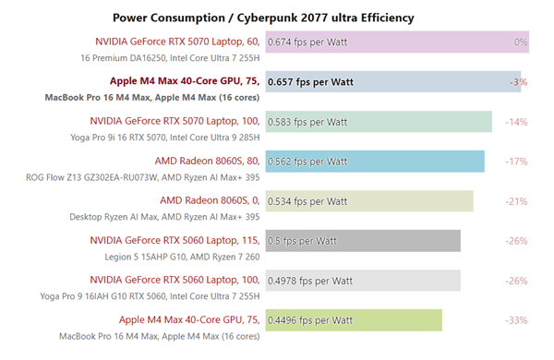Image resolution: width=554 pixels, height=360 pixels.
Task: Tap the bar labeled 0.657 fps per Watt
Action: [392, 82]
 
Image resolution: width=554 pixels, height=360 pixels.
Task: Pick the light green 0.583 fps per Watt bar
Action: [379, 122]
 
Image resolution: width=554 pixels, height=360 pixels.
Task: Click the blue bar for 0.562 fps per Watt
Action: [375, 162]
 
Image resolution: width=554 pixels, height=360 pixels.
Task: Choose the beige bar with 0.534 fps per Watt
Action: [369, 201]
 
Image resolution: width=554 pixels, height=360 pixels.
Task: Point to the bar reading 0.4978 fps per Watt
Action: [363, 281]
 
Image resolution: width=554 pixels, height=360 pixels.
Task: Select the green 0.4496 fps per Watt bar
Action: [354, 320]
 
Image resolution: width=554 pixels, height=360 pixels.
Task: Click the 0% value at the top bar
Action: [521, 42]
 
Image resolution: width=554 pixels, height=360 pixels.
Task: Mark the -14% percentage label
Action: [516, 122]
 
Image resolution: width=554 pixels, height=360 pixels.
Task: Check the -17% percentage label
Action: [516, 162]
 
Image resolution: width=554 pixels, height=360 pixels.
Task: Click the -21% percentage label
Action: [516, 201]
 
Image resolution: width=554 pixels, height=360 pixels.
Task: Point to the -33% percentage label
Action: [516, 320]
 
